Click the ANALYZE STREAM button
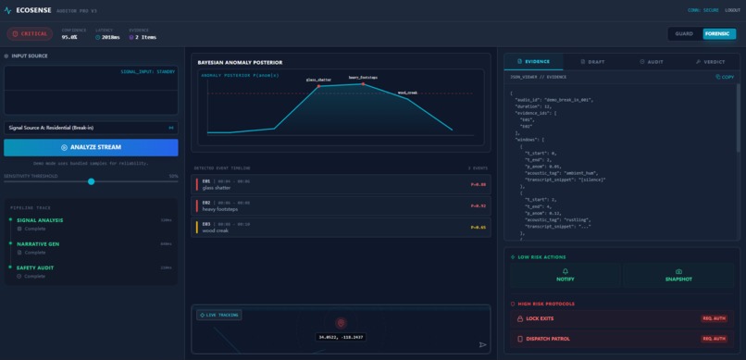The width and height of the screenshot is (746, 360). click(91, 147)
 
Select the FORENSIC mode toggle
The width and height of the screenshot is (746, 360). click(716, 34)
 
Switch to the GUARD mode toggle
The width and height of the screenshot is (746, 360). click(684, 34)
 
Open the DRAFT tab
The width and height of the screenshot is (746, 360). click(591, 61)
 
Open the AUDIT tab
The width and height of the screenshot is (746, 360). click(652, 61)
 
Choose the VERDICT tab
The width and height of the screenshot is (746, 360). click(711, 61)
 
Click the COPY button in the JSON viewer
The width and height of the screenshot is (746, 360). click(725, 77)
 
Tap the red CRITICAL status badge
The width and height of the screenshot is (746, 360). click(30, 34)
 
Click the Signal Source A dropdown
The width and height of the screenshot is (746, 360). click(91, 127)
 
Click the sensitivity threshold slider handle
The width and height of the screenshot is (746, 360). click(91, 181)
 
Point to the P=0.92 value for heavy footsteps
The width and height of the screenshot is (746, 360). click(478, 205)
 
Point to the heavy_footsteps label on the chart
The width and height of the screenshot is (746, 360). click(363, 77)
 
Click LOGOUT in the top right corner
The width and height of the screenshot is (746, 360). click(732, 9)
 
